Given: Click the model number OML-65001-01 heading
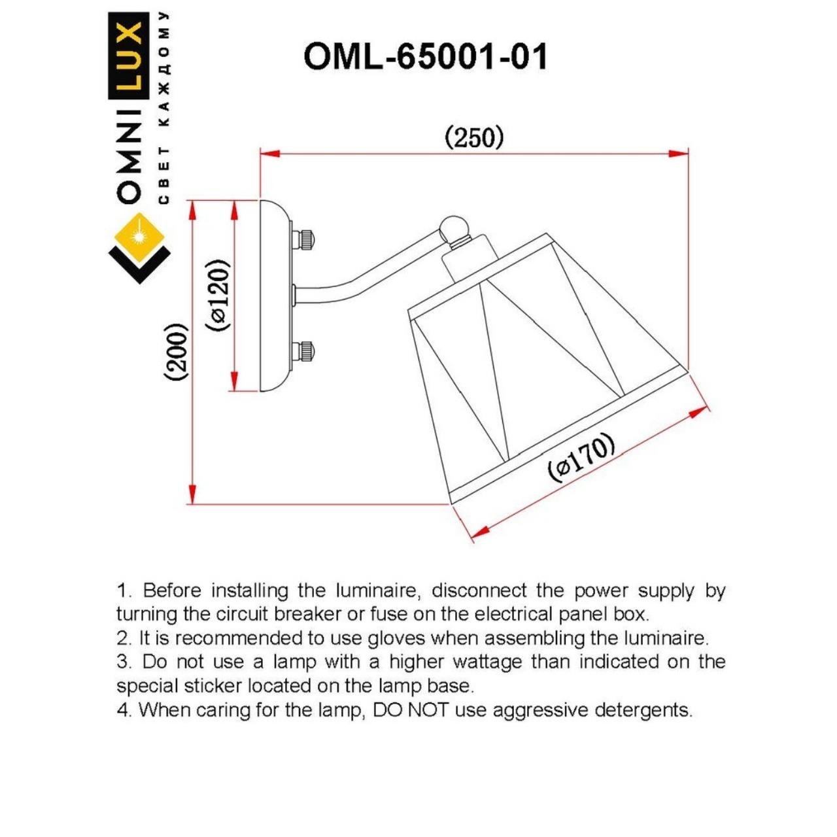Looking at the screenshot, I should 425,57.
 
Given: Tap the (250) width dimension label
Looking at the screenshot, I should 474,137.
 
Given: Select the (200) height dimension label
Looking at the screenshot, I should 177,352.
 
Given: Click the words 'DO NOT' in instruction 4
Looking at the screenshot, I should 411,709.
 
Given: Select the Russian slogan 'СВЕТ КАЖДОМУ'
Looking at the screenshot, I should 164,108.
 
